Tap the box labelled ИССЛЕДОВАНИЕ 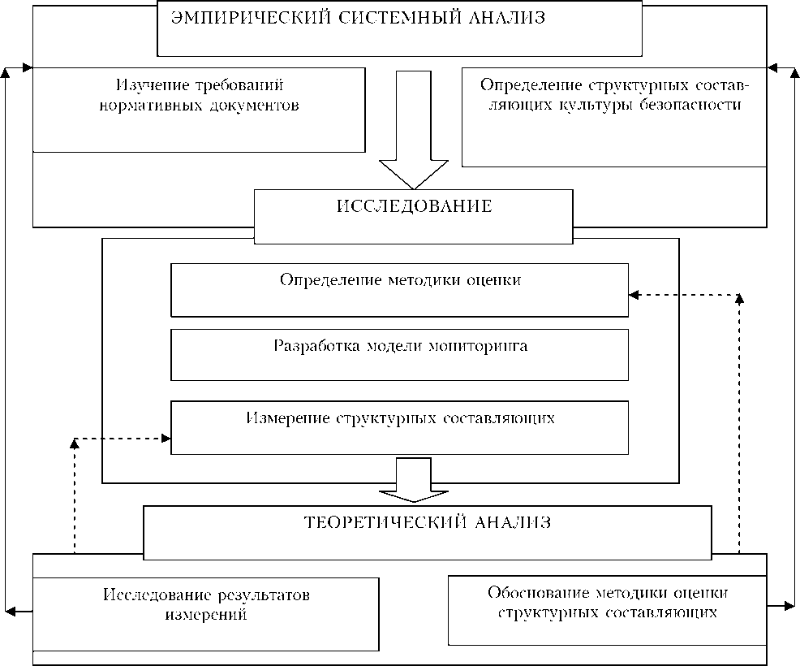[x=414, y=215]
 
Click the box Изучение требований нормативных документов [x=199, y=110]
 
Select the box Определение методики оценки [x=399, y=289]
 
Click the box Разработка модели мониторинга [x=399, y=354]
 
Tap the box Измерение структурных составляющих [x=399, y=427]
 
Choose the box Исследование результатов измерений [x=206, y=613]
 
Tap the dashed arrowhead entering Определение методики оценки [x=634, y=295]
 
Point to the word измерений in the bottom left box [x=206, y=614]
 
